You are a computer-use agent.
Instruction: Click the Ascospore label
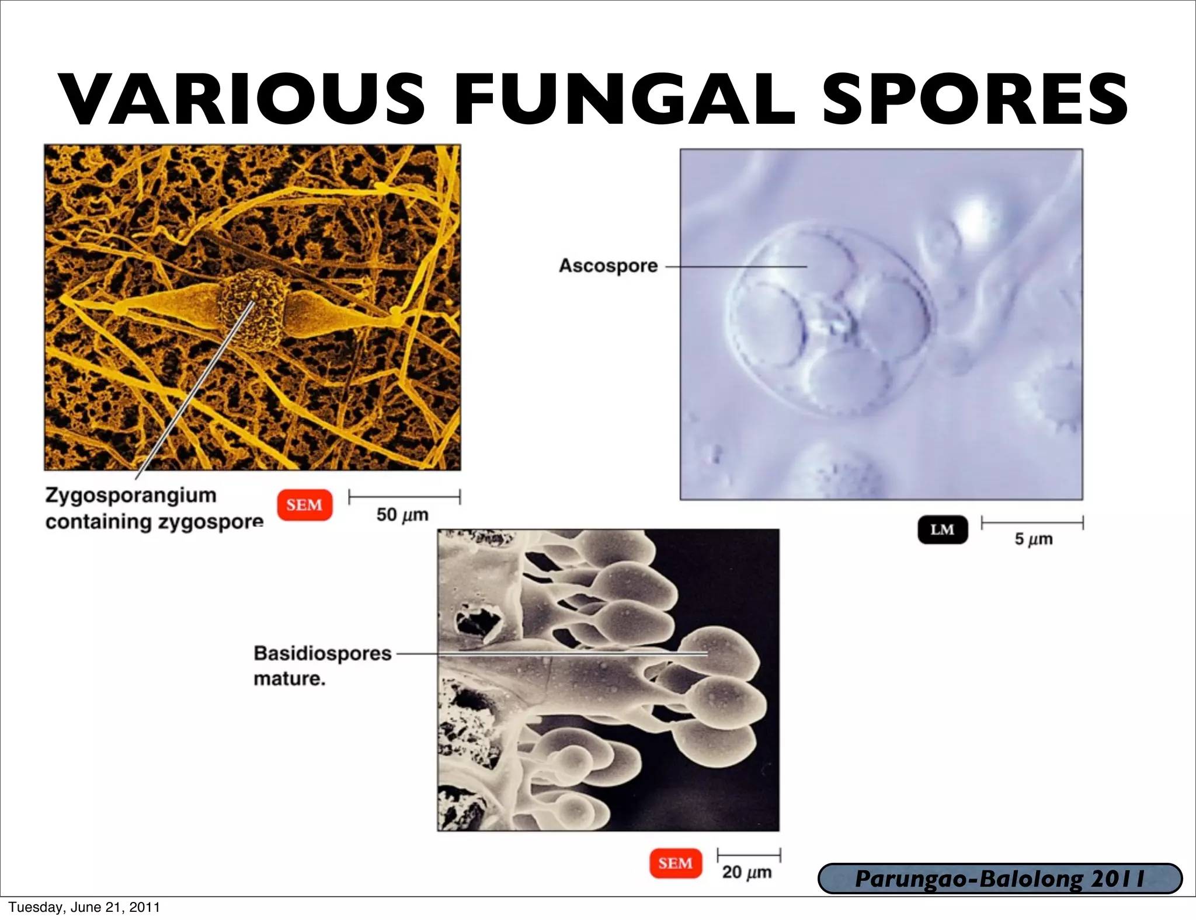(608, 266)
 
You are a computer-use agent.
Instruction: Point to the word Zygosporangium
(131, 495)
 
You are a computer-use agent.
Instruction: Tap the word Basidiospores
(322, 653)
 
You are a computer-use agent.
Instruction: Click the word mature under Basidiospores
(289, 679)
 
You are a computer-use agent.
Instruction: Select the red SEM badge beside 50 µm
(304, 505)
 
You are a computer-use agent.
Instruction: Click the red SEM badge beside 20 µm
(675, 863)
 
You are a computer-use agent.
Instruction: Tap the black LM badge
(942, 529)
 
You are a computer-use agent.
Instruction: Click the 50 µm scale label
(402, 515)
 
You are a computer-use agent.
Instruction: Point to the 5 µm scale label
(1033, 539)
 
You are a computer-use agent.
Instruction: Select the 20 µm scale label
(746, 872)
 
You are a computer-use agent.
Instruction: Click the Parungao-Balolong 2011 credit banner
(999, 879)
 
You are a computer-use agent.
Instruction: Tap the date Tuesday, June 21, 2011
(84, 907)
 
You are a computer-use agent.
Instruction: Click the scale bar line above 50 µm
(404, 497)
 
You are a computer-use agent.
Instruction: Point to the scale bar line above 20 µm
(749, 855)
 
